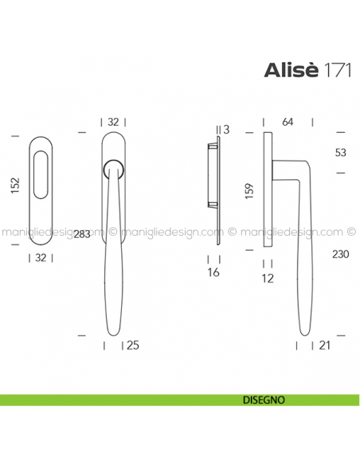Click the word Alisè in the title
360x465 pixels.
point(292,71)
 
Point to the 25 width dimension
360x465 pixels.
point(132,345)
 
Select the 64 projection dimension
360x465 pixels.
point(288,122)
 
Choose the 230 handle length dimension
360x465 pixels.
point(340,255)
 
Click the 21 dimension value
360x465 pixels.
point(324,345)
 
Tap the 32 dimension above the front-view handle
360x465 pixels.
point(113,122)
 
